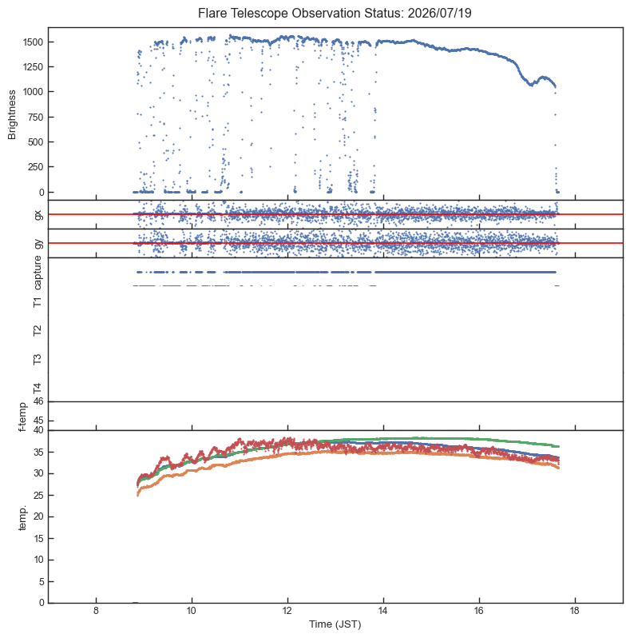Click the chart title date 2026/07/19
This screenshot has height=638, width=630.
point(439,13)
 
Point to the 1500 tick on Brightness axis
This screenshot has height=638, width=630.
point(33,42)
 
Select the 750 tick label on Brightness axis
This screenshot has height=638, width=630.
point(35,118)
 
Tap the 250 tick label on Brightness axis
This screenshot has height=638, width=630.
point(35,167)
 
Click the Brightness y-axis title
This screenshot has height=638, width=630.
point(12,115)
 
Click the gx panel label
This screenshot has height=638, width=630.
point(38,214)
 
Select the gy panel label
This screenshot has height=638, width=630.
point(38,244)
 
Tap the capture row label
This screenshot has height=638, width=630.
point(38,273)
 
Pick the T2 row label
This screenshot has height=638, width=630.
point(38,330)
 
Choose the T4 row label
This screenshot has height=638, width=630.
point(38,389)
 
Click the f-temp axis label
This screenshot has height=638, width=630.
point(22,417)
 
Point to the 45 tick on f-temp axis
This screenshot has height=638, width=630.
point(38,421)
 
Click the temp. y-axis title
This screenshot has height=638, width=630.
point(22,517)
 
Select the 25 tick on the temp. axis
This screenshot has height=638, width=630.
point(38,496)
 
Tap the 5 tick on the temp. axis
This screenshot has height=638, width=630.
point(41,582)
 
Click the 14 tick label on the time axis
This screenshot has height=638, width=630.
point(383,611)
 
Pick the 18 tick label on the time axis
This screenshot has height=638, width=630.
point(575,611)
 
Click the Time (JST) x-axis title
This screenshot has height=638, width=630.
point(335,624)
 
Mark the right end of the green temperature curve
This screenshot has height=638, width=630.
point(558,446)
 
